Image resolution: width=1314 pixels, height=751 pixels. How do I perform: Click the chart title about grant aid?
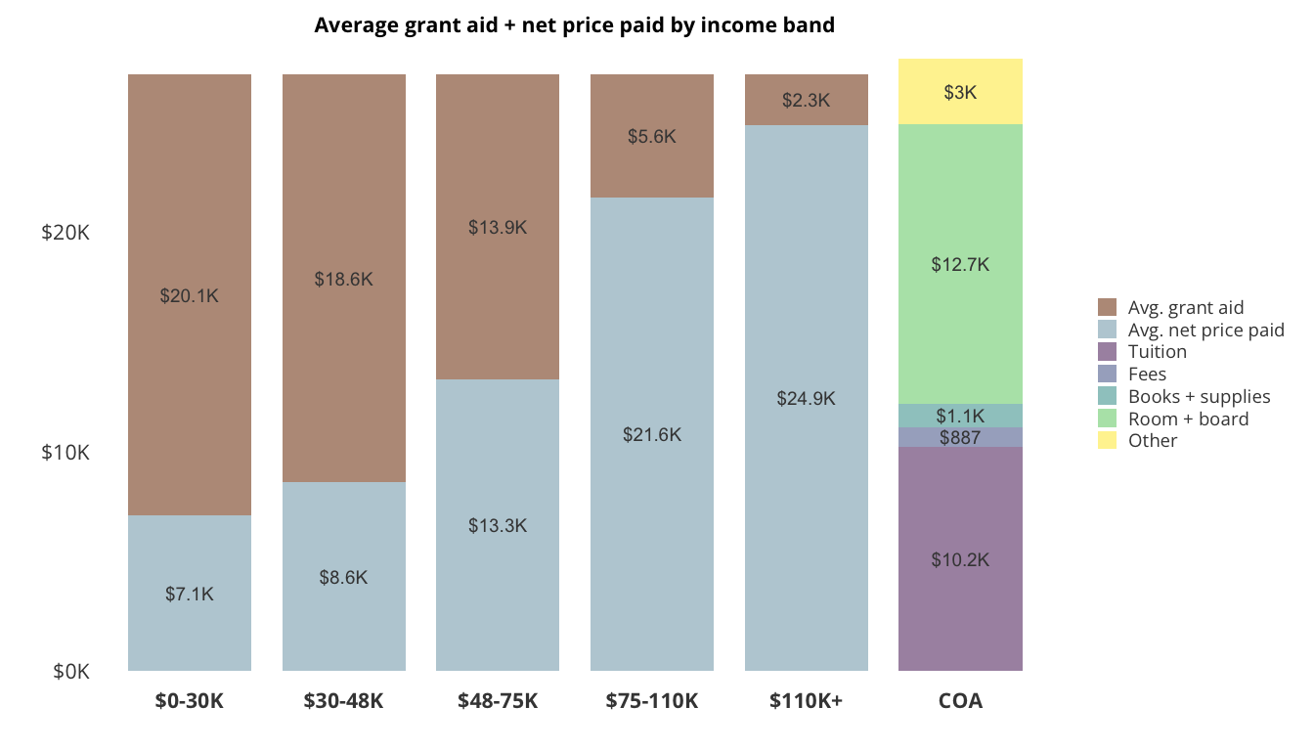tap(574, 25)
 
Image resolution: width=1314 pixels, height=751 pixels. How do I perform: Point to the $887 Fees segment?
tap(960, 437)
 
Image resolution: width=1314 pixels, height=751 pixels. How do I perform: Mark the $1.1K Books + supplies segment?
tap(960, 416)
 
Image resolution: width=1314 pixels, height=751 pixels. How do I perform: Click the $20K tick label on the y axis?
tap(66, 233)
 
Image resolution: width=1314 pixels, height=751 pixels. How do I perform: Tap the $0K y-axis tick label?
tap(71, 672)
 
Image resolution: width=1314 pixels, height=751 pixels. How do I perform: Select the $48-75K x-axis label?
tap(498, 701)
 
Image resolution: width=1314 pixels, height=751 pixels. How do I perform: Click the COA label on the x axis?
tap(960, 701)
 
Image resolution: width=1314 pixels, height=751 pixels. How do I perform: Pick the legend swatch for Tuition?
tap(1108, 352)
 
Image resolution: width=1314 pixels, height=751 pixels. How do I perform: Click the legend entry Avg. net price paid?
tap(1205, 330)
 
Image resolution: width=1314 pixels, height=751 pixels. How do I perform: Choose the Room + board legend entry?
tap(1188, 419)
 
